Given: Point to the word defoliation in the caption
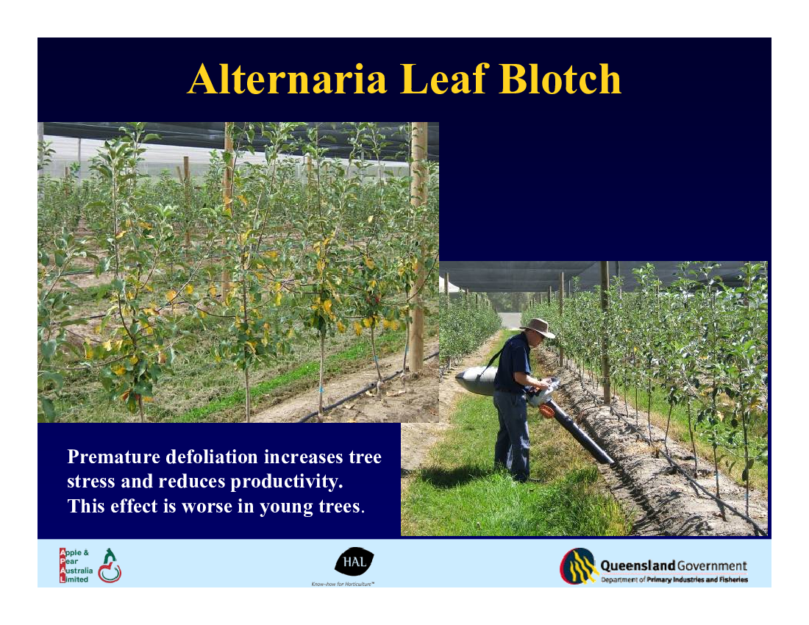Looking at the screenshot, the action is pyautogui.click(x=212, y=457).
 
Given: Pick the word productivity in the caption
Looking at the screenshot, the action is pyautogui.click(x=286, y=482).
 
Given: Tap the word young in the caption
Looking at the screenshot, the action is pyautogui.click(x=286, y=507).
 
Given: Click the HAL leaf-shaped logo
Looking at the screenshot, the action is pyautogui.click(x=354, y=561).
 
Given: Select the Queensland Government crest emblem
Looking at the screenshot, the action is pyautogui.click(x=579, y=565).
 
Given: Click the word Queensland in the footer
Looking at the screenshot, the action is pyautogui.click(x=638, y=565).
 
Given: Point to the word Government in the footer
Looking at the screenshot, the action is pyautogui.click(x=712, y=565).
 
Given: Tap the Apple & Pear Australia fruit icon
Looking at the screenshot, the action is pyautogui.click(x=110, y=565).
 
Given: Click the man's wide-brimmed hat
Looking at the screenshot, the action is pyautogui.click(x=538, y=327).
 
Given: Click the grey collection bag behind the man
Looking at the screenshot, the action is pyautogui.click(x=476, y=381).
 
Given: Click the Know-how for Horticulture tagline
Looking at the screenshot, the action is pyautogui.click(x=343, y=584).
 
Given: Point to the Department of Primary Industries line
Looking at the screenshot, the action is pyautogui.click(x=674, y=579).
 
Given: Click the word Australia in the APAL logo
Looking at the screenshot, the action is pyautogui.click(x=76, y=571).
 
